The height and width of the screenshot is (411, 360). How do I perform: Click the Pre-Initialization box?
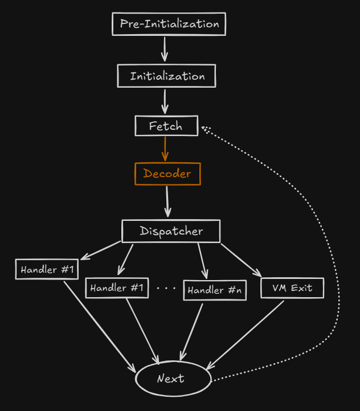click(169, 24)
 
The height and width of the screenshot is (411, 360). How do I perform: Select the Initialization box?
click(167, 76)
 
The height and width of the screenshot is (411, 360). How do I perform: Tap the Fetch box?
click(166, 126)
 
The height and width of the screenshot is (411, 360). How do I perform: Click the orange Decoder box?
click(167, 174)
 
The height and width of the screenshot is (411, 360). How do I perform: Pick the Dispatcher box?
click(171, 231)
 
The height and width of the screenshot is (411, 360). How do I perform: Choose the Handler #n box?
click(215, 290)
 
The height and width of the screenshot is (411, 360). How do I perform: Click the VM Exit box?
click(292, 288)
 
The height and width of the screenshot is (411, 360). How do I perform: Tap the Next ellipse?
click(173, 379)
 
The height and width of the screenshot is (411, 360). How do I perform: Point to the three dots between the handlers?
click(166, 289)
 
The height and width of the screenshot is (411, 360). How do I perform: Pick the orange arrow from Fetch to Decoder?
click(165, 149)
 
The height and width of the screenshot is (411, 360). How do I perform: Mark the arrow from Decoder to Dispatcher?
click(167, 201)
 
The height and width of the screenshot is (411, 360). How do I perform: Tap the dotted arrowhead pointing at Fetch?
click(205, 129)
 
